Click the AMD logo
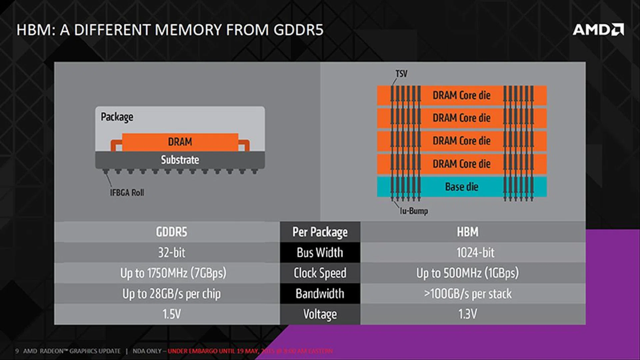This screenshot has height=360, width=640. tap(598, 30)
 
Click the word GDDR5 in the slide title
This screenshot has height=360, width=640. tap(298, 30)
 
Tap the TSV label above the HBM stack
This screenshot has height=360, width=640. tap(401, 74)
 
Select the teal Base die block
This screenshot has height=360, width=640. tap(462, 187)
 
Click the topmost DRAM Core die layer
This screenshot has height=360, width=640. tap(462, 95)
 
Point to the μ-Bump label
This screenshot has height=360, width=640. tap(414, 211)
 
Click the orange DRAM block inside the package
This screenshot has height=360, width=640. tap(180, 142)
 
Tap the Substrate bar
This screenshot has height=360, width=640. tap(180, 160)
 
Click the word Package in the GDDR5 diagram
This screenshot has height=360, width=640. tap(117, 117)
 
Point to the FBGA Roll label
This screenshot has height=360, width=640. tap(127, 193)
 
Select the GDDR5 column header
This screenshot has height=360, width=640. tap(171, 232)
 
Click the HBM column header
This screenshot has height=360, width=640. tap(467, 232)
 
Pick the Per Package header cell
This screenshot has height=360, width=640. tap(320, 232)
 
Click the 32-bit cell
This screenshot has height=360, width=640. tap(171, 253)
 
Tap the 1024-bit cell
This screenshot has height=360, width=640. tap(475, 253)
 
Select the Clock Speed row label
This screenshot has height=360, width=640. tap(320, 273)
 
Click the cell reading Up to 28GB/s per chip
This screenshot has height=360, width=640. tap(171, 294)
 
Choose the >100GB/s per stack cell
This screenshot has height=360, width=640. tap(467, 294)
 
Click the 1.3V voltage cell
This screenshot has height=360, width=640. tap(467, 314)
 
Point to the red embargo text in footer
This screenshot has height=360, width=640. tap(250, 351)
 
